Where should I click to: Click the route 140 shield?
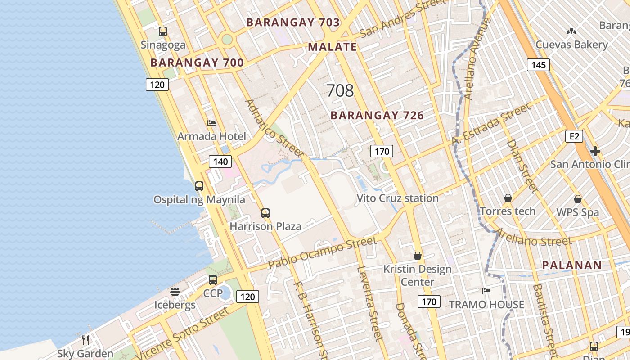pos(220,162)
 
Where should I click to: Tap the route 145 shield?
pos(538,65)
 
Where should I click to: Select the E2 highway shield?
pos(574,136)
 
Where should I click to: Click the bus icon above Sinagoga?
pos(163,31)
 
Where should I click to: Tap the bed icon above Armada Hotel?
pos(211,123)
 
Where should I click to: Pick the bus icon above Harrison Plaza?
pos(265,213)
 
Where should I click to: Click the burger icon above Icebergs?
pos(175,292)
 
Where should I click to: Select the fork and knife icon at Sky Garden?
pos(85,340)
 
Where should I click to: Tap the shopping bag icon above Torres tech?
pos(508,198)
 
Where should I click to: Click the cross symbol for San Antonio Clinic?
pos(595,151)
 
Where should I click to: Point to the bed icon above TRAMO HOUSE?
pos(486,291)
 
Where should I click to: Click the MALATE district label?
pos(333,47)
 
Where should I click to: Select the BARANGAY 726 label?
pos(377,116)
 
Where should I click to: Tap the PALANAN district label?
pos(572,265)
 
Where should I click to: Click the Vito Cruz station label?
pos(397,198)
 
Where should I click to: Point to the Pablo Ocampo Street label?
pos(322,253)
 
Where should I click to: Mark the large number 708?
pos(340,90)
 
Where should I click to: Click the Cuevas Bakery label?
pos(571,45)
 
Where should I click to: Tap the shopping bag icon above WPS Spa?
pos(578,198)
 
